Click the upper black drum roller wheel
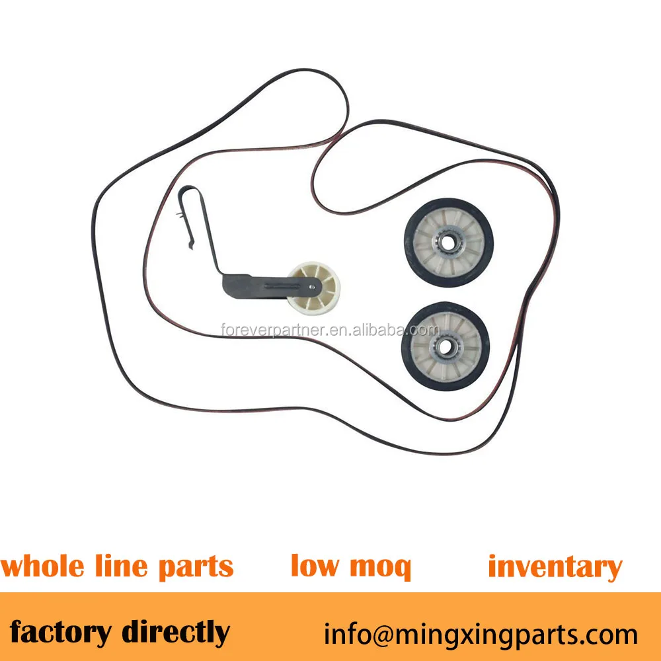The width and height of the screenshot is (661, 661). click(447, 243)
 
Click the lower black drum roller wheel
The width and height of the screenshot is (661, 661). click(445, 346)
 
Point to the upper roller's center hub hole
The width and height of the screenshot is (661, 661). click(447, 243)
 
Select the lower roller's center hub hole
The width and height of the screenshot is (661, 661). click(445, 346)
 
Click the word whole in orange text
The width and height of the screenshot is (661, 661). click(43, 567)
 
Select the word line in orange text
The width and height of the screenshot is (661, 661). click(122, 567)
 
